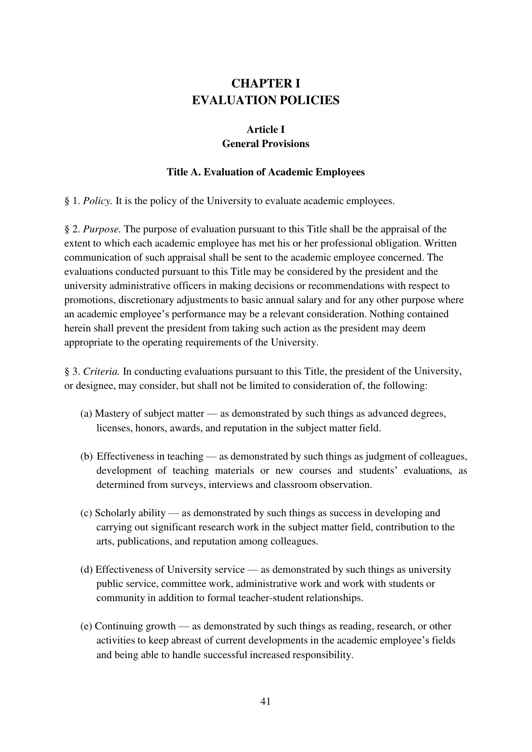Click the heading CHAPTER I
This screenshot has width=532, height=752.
point(265,83)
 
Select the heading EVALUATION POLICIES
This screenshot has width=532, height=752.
point(265,100)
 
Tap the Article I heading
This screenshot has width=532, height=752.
point(265,129)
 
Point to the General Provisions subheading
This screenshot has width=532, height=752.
point(265,144)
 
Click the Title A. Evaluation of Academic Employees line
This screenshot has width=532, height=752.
point(265,172)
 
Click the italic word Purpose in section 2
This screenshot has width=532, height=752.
point(102,229)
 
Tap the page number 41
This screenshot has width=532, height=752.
point(265,701)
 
